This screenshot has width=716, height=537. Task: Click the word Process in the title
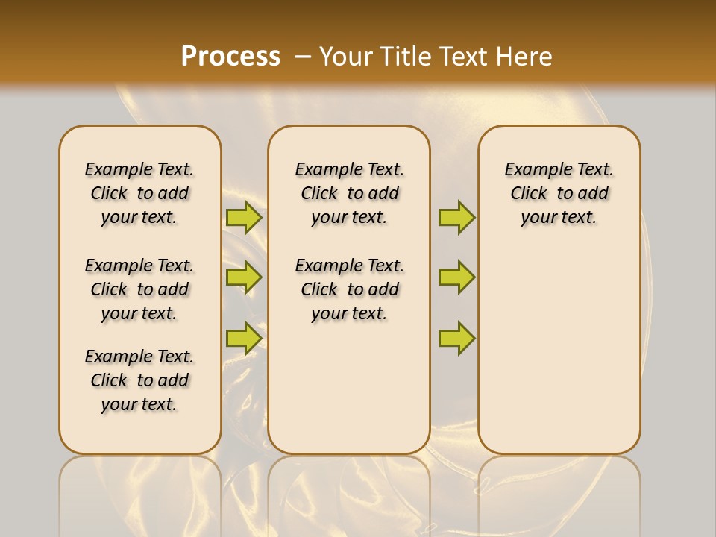pos(230,56)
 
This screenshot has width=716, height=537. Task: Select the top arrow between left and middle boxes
pos(243,217)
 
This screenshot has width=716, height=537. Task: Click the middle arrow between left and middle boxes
pos(243,277)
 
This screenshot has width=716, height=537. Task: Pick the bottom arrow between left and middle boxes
pos(243,338)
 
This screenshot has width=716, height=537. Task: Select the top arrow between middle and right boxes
pos(456,217)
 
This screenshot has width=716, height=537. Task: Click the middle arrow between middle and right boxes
pos(456,277)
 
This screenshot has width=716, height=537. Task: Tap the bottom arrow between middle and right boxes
pos(456,338)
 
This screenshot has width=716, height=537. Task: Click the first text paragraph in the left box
pos(139,193)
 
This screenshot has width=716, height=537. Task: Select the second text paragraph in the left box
pos(139,289)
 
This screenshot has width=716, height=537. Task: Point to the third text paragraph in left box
pos(139,380)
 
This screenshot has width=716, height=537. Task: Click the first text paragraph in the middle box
pos(350,193)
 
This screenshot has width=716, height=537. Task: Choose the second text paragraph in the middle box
pos(350,289)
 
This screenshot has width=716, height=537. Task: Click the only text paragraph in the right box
pos(559,193)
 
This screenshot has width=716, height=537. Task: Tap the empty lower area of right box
pos(559,358)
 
